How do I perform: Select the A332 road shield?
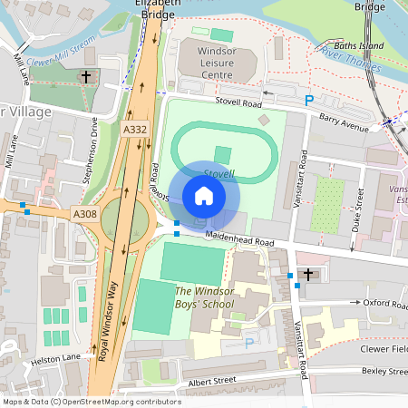[x=135, y=131]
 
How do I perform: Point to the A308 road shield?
[x=83, y=212]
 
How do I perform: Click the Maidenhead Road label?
[x=238, y=241]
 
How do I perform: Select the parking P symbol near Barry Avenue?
[x=309, y=101]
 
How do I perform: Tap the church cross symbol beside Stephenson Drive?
[x=87, y=78]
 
